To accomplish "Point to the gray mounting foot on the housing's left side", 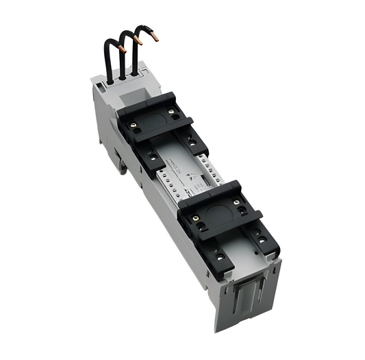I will tap(121, 162).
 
